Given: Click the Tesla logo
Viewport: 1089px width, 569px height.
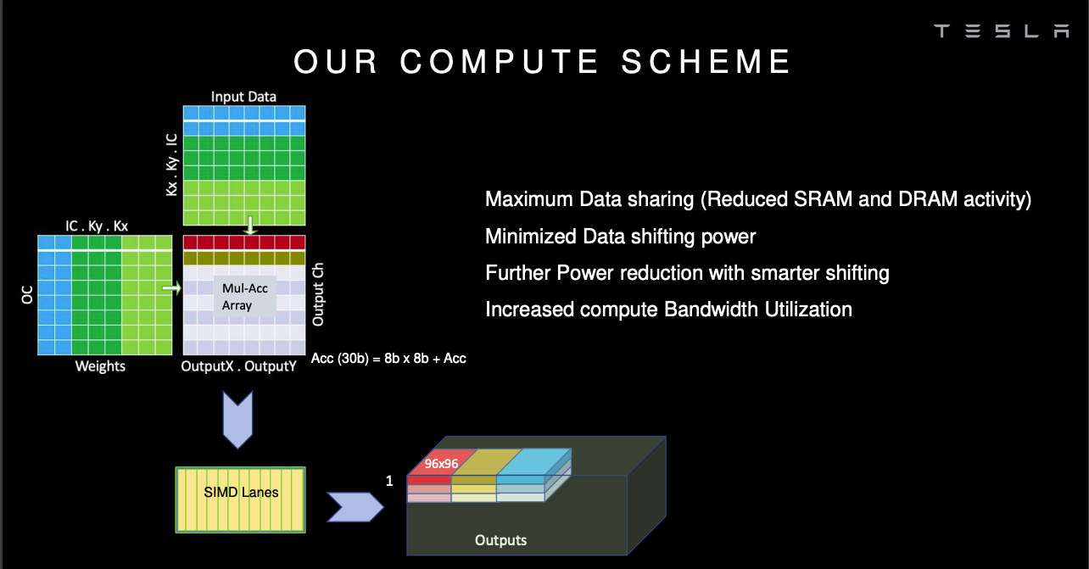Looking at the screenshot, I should [1002, 31].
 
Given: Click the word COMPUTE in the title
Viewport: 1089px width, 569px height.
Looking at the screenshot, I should [500, 62].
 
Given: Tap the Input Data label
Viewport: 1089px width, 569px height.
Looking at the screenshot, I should [243, 97].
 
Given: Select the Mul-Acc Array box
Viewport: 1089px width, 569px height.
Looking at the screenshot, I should [245, 297].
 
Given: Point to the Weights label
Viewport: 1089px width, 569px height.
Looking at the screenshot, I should [100, 366].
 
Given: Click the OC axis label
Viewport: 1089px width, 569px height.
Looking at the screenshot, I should [25, 295].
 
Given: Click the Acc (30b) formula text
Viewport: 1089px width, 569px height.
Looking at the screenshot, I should [389, 358].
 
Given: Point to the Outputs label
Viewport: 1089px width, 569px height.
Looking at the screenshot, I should [500, 540].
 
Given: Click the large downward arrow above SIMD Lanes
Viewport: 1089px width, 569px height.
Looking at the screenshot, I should [237, 417].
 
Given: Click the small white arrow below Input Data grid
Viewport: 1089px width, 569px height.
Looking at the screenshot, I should [249, 226].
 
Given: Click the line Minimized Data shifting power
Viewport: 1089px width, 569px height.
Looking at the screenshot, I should [620, 237].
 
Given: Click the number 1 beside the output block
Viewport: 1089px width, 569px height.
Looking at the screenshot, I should [389, 481].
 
